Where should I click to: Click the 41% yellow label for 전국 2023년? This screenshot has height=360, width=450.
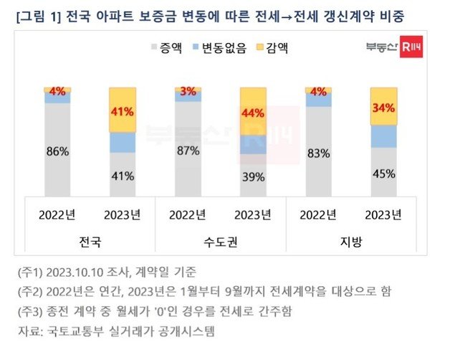click(x=123, y=112)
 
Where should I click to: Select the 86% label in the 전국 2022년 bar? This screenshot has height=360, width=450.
click(x=57, y=151)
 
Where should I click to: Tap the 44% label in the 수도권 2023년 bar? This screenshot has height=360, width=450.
click(x=254, y=113)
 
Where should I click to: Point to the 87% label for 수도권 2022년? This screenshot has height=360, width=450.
click(x=188, y=151)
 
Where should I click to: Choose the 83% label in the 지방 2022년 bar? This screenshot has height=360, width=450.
click(x=319, y=153)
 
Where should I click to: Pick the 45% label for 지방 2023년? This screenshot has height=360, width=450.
click(x=384, y=173)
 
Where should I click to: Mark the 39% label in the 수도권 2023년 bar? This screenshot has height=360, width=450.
click(x=254, y=177)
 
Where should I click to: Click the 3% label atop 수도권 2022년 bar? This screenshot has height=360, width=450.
click(x=188, y=91)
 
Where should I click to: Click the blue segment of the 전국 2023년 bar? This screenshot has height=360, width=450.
click(x=123, y=142)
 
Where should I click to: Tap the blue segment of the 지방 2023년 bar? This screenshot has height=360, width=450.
click(x=384, y=136)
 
